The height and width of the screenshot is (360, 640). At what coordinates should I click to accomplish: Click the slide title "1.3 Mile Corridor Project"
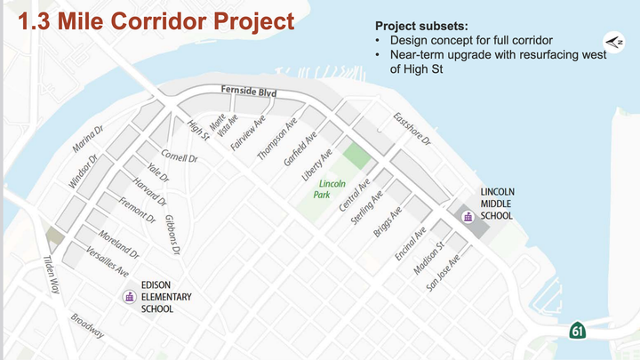click(150, 20)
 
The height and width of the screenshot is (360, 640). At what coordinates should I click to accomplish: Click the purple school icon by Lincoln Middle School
click(466, 215)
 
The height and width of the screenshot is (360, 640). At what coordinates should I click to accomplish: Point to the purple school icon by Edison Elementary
click(129, 298)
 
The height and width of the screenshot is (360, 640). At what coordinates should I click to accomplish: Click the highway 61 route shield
click(578, 332)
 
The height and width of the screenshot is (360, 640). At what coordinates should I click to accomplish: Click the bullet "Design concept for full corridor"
click(469, 40)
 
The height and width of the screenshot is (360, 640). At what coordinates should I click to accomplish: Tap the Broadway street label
click(88, 326)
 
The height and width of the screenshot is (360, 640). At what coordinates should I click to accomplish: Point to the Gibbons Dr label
click(172, 233)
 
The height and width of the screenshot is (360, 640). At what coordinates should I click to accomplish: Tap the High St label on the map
click(196, 130)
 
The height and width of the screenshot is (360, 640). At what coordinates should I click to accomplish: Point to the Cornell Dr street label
click(179, 156)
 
